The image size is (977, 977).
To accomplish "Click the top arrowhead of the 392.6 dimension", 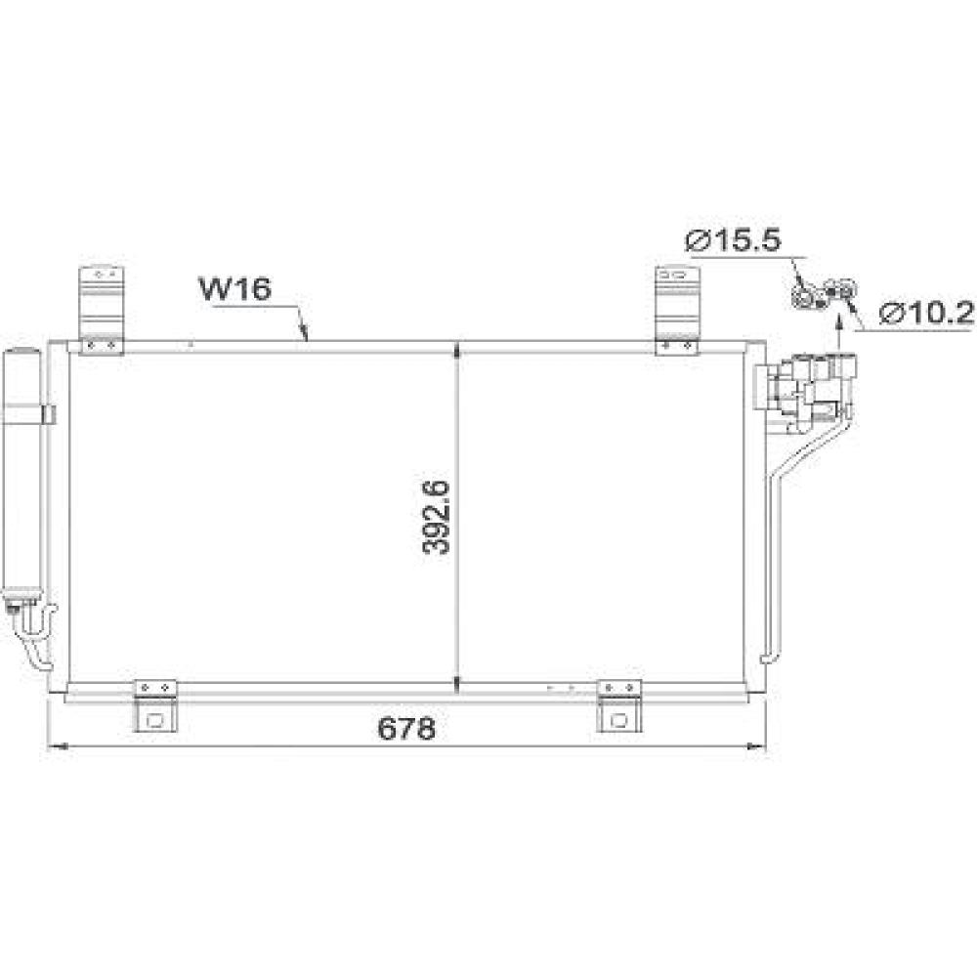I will point(458,348).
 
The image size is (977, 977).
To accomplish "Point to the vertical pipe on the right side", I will point(770,567).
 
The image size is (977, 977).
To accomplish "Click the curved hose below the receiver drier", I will point(34,635).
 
